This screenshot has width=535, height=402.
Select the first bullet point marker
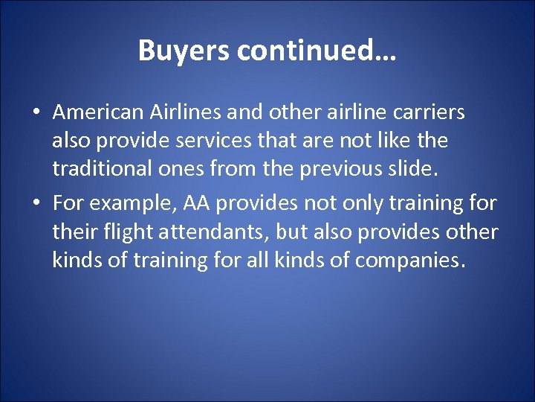pos(36,113)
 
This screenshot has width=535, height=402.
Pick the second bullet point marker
pos(36,202)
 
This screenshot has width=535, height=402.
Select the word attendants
pos(209,232)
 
